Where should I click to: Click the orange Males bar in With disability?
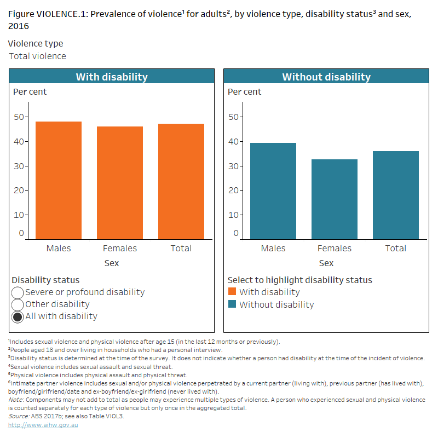tap(59, 180)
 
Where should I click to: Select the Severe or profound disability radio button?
tap(18, 293)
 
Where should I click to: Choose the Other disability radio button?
tap(18, 305)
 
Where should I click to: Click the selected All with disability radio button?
tap(18, 317)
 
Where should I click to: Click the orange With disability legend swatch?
tap(232, 292)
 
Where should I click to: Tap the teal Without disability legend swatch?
tap(232, 305)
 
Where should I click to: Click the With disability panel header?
tap(112, 77)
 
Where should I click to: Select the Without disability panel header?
tap(326, 77)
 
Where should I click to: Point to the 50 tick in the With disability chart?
tap(19, 117)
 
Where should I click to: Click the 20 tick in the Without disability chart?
tap(234, 190)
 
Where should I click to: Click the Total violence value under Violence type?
tap(38, 56)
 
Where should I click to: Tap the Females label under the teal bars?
tap(335, 249)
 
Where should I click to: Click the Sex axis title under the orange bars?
tap(112, 263)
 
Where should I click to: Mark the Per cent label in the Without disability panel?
tap(245, 92)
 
